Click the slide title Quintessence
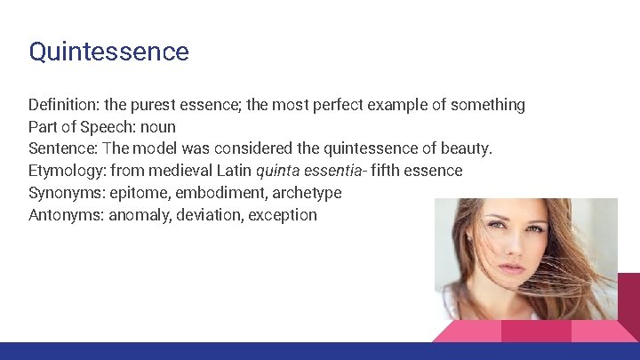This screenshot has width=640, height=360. [108, 52]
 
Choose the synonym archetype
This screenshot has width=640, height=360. [307, 193]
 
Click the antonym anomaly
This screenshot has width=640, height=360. [139, 215]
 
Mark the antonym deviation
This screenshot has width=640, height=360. [209, 215]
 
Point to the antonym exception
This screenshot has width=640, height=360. [282, 215]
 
